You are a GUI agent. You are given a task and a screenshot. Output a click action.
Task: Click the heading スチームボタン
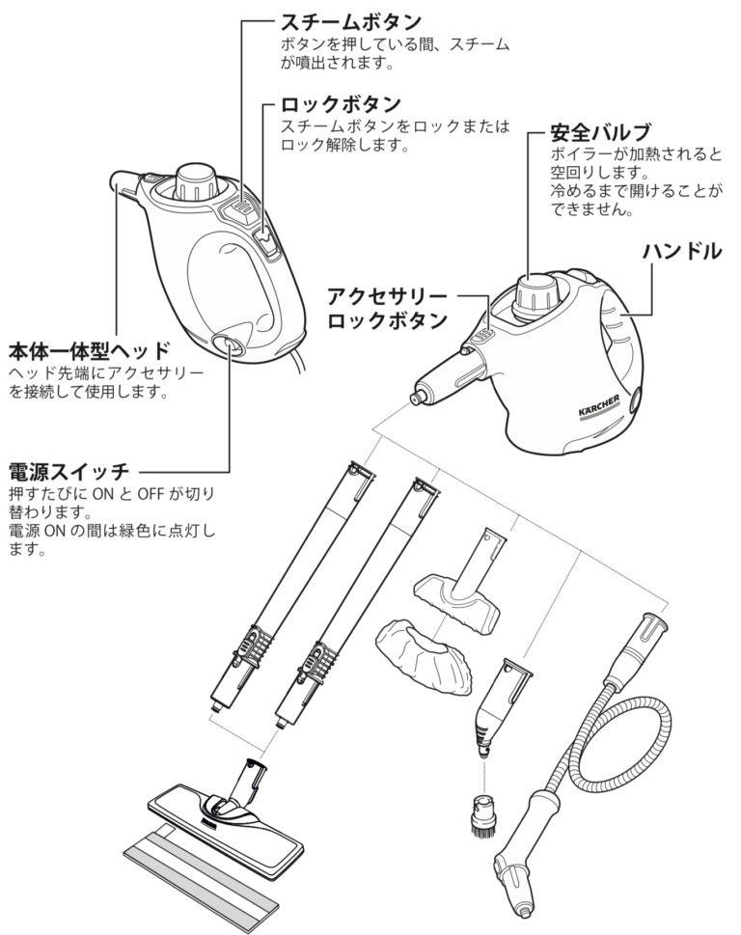350,22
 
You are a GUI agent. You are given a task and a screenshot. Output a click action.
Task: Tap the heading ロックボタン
341,104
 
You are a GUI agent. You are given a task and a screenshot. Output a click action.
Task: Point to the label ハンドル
681,251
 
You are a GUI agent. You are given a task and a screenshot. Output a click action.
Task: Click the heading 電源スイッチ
69,472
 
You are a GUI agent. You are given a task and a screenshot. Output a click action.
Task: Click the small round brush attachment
484,814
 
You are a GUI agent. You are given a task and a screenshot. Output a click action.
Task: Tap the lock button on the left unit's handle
267,243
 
